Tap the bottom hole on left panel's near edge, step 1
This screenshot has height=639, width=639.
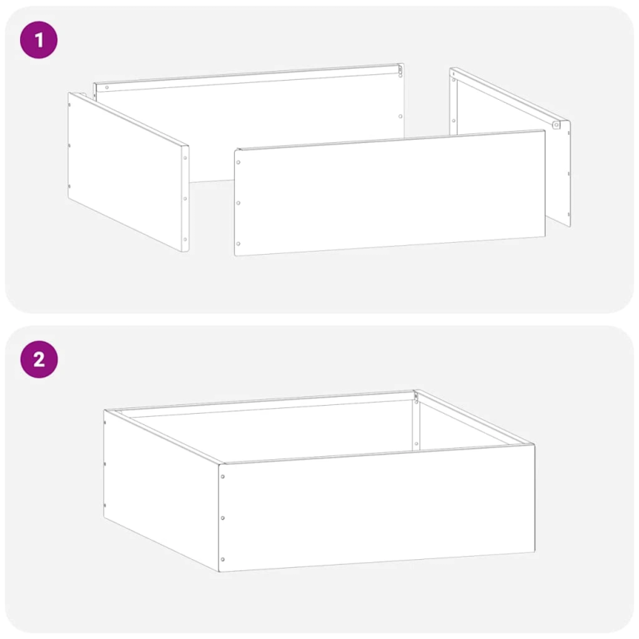click(x=185, y=238)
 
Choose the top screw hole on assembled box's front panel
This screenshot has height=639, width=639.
click(x=222, y=477)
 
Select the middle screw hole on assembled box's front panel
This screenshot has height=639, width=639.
click(x=222, y=518)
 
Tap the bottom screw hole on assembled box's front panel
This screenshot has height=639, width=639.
click(x=222, y=559)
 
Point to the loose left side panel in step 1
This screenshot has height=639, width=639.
click(x=128, y=172)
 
